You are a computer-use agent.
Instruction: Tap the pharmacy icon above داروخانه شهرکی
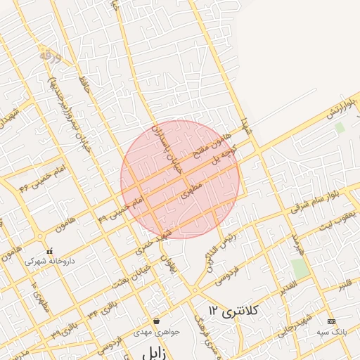tap(49, 250)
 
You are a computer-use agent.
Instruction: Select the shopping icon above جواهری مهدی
tap(155, 321)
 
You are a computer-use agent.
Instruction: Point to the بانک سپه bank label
tap(331, 330)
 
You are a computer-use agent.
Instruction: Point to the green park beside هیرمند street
tap(300, 268)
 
